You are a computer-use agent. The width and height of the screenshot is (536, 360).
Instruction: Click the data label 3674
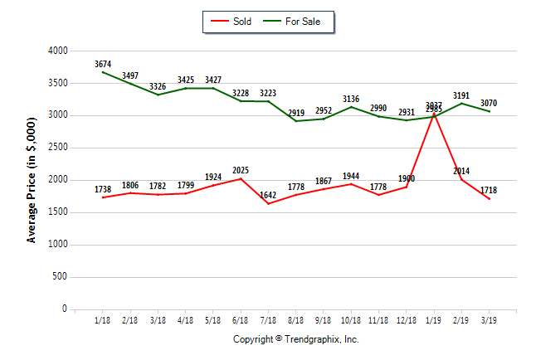tap(103, 63)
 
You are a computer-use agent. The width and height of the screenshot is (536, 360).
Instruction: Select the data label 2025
tap(241, 170)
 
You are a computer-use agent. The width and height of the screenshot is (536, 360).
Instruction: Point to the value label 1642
tap(269, 195)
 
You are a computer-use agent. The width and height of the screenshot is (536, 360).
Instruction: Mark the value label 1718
tap(490, 190)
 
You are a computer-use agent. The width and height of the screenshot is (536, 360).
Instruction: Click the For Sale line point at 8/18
tap(296, 121)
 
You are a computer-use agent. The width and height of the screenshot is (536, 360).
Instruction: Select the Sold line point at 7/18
tap(269, 204)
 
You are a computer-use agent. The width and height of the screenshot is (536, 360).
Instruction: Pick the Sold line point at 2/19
tap(462, 180)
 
